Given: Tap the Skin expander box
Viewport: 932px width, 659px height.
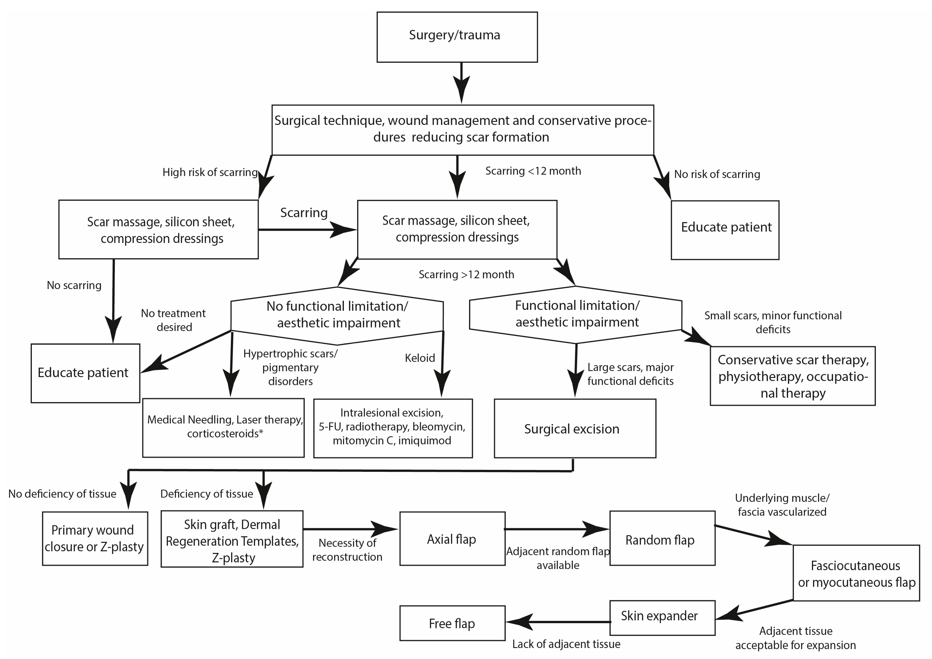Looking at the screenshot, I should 662,617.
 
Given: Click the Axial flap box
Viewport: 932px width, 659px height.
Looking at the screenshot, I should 452,538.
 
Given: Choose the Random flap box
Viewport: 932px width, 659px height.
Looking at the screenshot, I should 662,538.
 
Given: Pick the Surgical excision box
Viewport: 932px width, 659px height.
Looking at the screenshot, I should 575,428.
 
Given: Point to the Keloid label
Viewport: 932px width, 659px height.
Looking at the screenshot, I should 420,358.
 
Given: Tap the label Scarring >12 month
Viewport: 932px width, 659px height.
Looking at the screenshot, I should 466,274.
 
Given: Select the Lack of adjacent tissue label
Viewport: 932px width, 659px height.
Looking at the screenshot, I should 566,644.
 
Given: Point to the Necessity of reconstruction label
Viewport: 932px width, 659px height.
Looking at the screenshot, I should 347,549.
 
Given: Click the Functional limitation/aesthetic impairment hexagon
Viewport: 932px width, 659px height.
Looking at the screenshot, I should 575,314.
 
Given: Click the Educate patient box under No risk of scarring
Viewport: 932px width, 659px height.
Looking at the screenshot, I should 725,230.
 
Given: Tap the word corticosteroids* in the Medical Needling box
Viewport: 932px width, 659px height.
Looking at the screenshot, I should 225,433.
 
